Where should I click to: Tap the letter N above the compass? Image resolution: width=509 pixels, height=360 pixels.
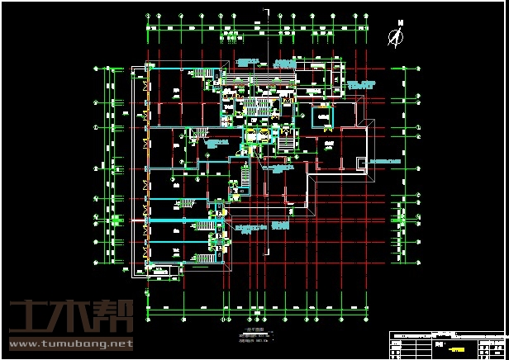click(x=401, y=24)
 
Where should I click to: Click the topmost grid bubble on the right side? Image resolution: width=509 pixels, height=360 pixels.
click(x=402, y=69)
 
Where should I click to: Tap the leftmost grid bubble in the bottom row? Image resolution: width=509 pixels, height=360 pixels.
click(x=148, y=317)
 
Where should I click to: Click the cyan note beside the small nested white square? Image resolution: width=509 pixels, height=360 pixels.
click(x=388, y=161)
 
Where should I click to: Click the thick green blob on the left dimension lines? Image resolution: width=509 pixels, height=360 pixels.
click(x=117, y=220)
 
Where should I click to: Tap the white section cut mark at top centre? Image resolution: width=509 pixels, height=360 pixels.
click(x=265, y=11)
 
